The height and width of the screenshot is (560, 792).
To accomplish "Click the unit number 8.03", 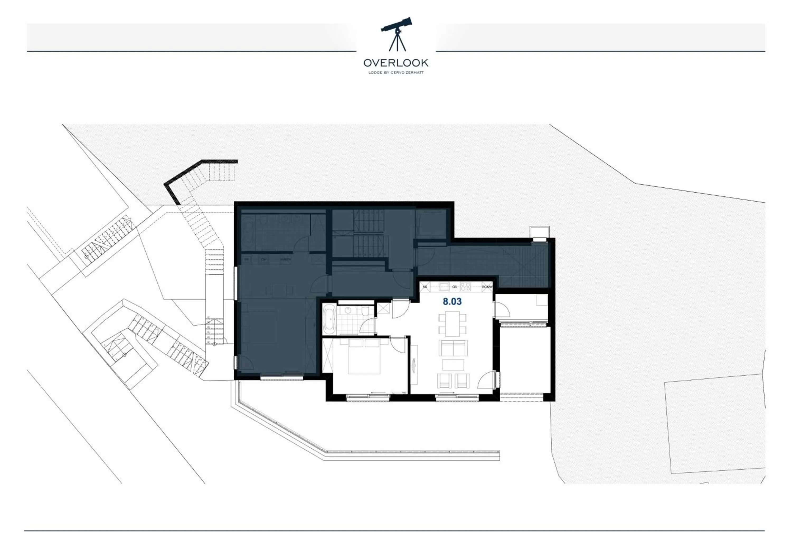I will coord(452,302).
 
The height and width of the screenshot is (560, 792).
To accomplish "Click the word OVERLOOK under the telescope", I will coord(396,63).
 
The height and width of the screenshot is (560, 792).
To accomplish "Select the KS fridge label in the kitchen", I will coord(425,287).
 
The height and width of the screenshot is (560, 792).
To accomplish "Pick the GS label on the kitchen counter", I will coord(454,287).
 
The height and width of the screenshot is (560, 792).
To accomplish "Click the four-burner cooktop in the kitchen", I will coord(465,287).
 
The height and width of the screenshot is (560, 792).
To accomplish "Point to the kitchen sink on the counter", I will coord(444,287).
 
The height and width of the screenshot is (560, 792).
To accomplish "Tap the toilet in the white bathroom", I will coord(366,311).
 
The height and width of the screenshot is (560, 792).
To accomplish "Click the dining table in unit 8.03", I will coord(452,324).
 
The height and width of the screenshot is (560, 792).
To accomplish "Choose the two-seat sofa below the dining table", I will coord(453,348).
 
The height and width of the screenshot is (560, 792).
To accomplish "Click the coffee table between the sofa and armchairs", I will coord(453,365).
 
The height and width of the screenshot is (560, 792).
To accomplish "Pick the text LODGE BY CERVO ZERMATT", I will coord(396,73).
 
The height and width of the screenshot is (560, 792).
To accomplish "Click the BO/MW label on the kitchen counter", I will coord(487,287).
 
